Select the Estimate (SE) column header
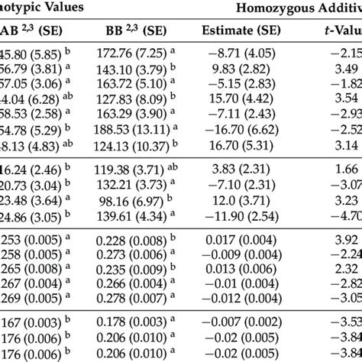(234, 32)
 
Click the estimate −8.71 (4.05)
(234, 56)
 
